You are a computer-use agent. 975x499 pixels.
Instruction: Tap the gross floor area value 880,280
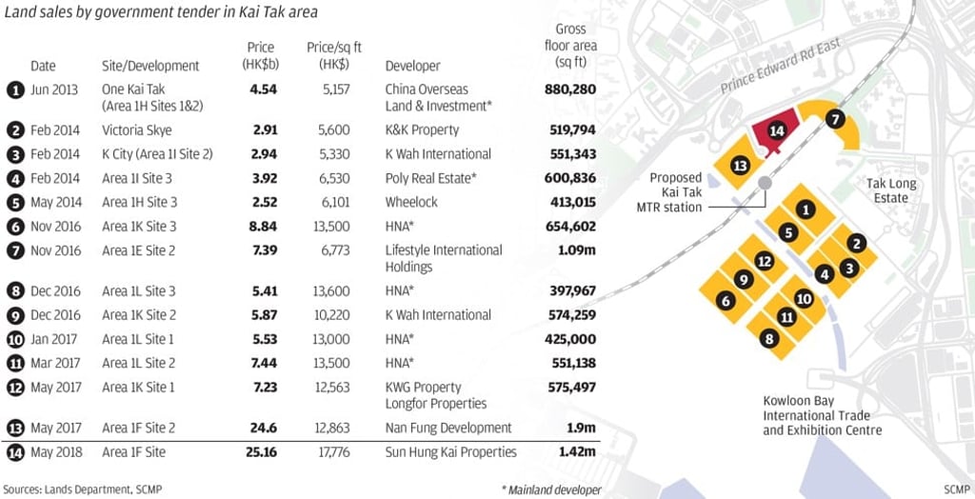click(569, 90)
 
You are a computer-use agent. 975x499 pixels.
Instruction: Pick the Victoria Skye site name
click(137, 130)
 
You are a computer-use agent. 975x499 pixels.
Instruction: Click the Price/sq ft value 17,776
click(335, 452)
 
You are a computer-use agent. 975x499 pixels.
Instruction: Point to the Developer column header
click(412, 66)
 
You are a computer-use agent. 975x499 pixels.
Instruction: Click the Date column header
click(44, 66)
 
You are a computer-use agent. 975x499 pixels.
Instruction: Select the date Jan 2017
click(55, 339)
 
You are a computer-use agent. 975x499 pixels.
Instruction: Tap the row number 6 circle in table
click(14, 227)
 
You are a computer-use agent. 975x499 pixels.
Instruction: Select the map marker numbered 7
click(834, 120)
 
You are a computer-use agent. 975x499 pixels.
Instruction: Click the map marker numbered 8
click(769, 338)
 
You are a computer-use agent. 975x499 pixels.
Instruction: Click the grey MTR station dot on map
click(764, 183)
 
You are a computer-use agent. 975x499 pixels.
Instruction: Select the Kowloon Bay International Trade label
click(822, 415)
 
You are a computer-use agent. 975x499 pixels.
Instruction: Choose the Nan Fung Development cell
click(448, 428)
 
